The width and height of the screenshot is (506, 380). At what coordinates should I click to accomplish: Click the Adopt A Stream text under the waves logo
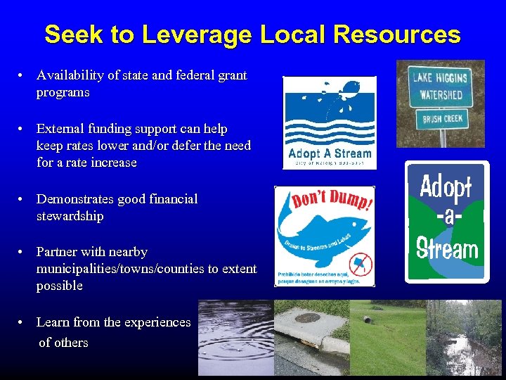(x=330, y=153)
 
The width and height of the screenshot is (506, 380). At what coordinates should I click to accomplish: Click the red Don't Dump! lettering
(x=324, y=202)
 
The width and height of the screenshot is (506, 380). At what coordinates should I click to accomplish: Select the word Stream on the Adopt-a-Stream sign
(x=447, y=248)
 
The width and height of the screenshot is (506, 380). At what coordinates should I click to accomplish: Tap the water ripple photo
(x=235, y=338)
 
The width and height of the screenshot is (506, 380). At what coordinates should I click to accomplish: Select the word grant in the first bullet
(x=231, y=75)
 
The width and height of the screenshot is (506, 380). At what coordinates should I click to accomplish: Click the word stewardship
(x=70, y=217)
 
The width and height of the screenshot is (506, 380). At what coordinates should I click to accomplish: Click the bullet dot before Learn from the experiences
(x=23, y=322)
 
